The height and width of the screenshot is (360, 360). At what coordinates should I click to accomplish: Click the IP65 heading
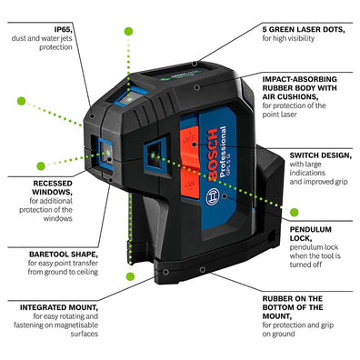pos(63,29)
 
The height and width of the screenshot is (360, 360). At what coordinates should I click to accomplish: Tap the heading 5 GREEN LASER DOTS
pos(304,29)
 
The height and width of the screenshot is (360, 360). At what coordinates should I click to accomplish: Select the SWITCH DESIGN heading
pos(321,155)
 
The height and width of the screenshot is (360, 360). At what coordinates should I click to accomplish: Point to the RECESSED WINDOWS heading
pos(53,187)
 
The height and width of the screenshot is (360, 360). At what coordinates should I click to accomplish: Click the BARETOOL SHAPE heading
pos(64,254)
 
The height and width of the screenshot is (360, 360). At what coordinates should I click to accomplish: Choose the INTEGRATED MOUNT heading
pos(59,307)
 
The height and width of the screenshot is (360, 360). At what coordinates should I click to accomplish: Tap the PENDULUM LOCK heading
pos(310,234)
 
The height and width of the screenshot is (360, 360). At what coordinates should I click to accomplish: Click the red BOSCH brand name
pos(213,155)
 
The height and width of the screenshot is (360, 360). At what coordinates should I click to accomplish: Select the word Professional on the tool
pos(223,152)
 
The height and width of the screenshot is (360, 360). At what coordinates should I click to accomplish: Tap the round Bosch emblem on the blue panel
pos(213,196)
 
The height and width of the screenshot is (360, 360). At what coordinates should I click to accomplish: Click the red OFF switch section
pos(189,142)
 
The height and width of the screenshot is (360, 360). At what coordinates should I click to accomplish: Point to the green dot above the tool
pos(128,31)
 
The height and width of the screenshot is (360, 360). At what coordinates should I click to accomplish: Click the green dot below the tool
pos(130,276)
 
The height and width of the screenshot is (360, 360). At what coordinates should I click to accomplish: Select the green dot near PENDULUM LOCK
pos(295,213)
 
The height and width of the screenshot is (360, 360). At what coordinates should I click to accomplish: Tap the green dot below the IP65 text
pos(21,101)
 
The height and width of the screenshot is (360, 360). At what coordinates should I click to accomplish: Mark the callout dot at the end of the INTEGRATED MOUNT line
pos(165,272)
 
